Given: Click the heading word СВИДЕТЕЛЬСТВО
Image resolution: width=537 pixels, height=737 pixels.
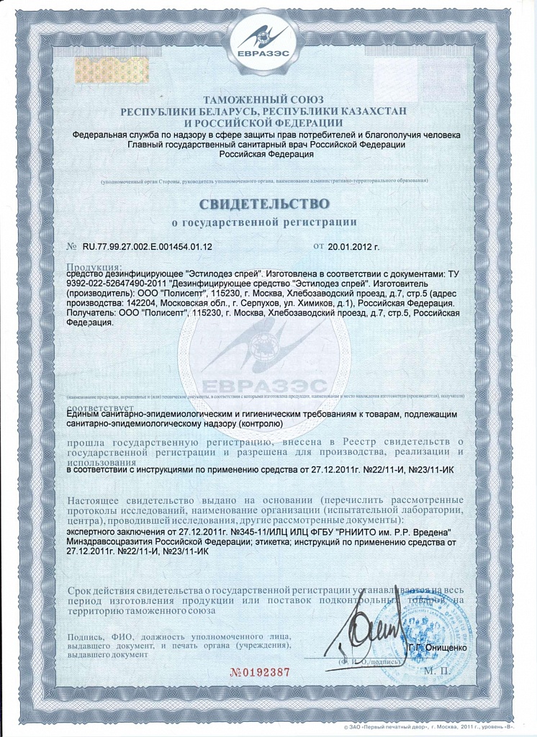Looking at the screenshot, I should pos(268,202).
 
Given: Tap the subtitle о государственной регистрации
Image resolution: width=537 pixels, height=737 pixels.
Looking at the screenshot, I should pos(268,221).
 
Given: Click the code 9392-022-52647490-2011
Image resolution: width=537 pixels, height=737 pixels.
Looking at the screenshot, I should pos(116,284).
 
